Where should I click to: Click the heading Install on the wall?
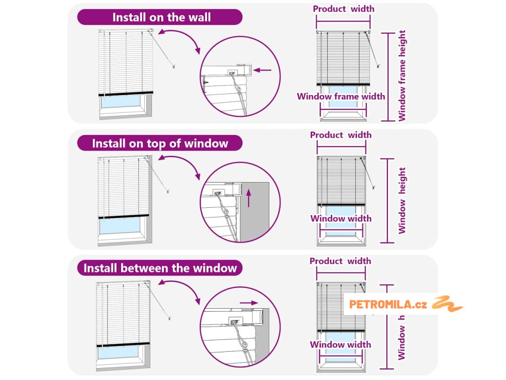(x=161, y=17)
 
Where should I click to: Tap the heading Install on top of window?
(x=160, y=143)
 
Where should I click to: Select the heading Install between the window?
(x=160, y=268)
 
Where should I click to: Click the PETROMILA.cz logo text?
(x=388, y=304)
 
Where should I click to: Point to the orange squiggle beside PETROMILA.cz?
(x=447, y=303)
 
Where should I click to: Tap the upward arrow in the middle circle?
(x=249, y=197)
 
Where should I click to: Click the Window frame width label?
(x=340, y=96)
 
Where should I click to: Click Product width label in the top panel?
(x=343, y=9)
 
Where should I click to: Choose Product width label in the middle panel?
(x=340, y=135)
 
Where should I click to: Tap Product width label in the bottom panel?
(x=340, y=261)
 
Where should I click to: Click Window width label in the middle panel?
(x=340, y=219)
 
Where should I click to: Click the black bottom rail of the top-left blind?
(x=126, y=94)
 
